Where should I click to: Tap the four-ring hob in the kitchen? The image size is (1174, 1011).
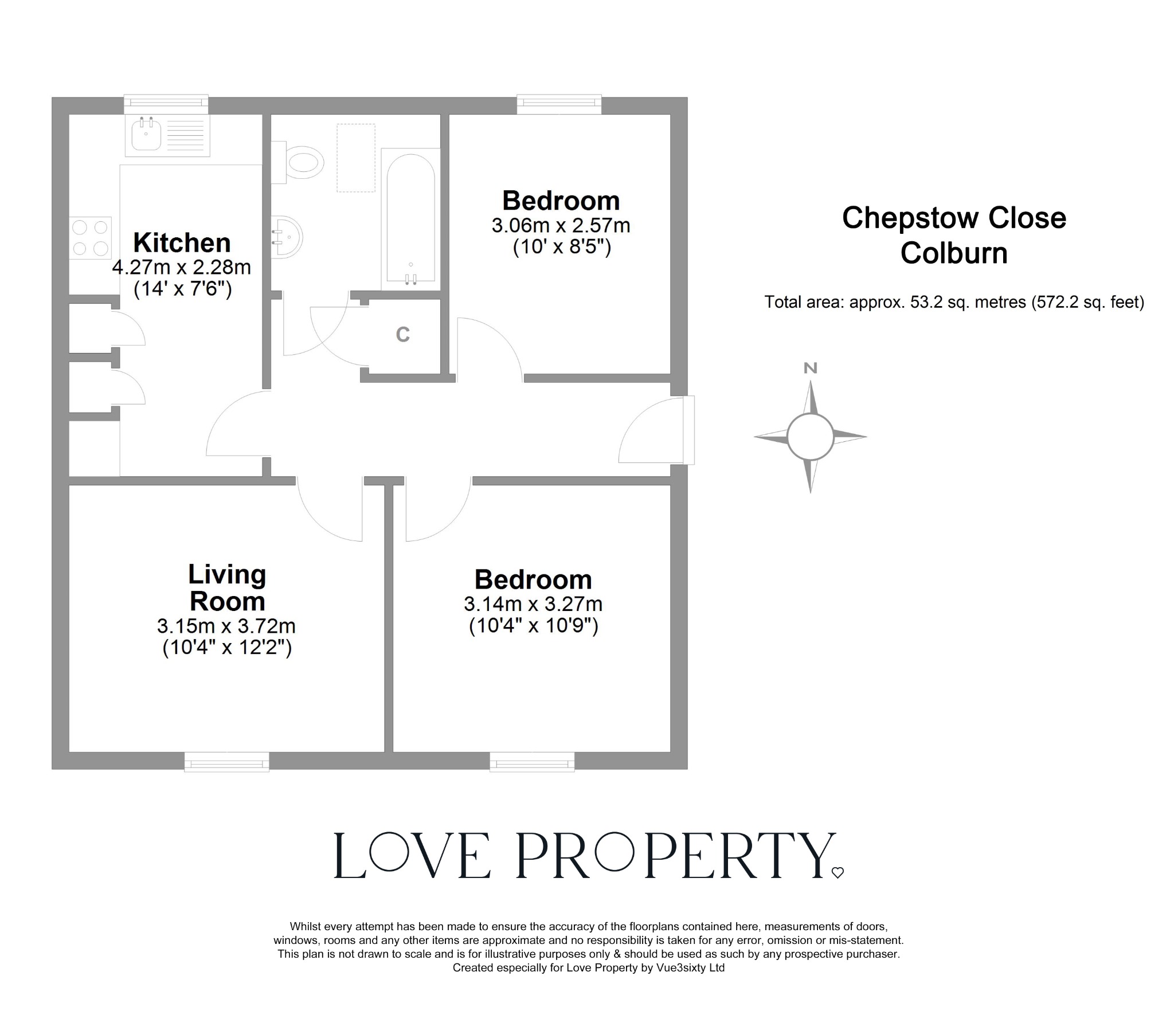click(x=91, y=237)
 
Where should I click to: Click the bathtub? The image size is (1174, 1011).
click(x=410, y=219)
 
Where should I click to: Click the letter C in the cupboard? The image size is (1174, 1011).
click(x=403, y=335)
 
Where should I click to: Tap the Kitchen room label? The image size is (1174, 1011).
click(x=182, y=243)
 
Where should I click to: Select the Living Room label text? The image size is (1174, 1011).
click(x=227, y=588)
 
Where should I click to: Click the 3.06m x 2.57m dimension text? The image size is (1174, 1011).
click(x=561, y=226)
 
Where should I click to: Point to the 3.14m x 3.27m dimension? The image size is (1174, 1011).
click(x=533, y=604)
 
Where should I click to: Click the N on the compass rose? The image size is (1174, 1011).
click(x=810, y=369)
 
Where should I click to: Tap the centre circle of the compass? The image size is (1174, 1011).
click(x=810, y=437)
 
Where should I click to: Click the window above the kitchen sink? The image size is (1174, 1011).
click(x=166, y=103)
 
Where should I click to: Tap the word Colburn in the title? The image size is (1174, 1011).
click(x=954, y=253)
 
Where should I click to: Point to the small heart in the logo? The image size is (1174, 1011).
click(x=838, y=873)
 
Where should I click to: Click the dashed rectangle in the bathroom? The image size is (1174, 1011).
click(x=355, y=158)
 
